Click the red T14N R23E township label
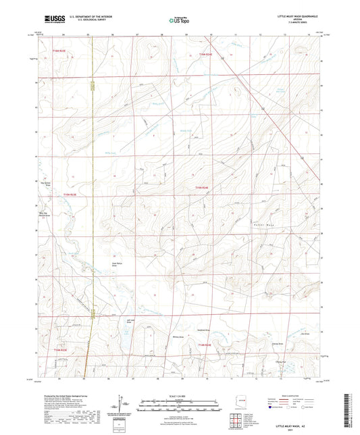[60, 350]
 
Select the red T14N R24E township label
[205, 344]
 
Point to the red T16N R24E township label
[205, 53]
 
